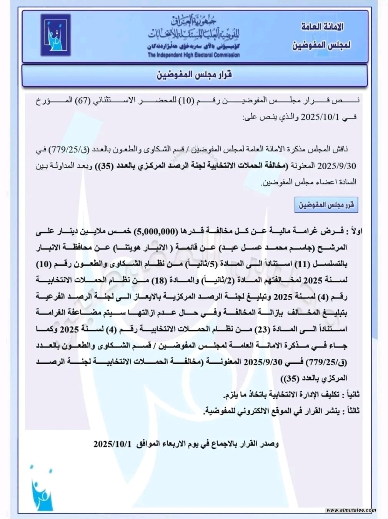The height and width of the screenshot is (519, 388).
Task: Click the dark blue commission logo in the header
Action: [x=56, y=36]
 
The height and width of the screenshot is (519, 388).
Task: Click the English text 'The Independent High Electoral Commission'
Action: [x=193, y=55]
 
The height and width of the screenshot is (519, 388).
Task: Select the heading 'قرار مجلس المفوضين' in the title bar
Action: [x=194, y=75]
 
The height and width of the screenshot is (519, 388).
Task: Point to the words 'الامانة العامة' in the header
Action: [x=322, y=27]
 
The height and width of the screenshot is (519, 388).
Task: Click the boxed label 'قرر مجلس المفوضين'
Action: [x=326, y=205]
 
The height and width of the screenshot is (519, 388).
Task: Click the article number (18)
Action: [x=160, y=280]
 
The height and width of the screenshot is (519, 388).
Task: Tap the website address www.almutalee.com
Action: [x=351, y=510]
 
